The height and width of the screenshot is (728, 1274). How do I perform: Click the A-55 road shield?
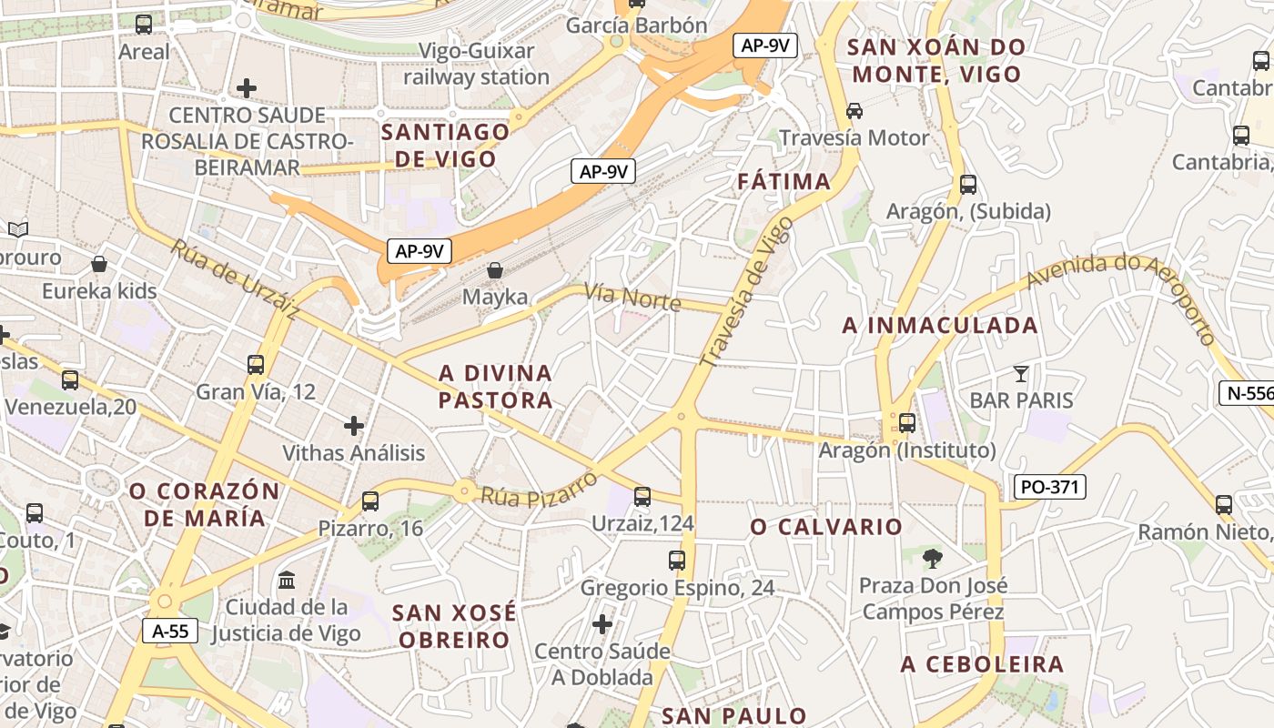click(x=170, y=631)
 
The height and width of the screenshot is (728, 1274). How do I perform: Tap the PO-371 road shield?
click(x=1049, y=487)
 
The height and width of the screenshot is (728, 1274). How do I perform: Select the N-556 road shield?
click(x=1248, y=393)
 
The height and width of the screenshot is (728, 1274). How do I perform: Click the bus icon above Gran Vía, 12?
click(x=256, y=365)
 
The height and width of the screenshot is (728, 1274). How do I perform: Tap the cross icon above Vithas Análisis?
click(x=354, y=425)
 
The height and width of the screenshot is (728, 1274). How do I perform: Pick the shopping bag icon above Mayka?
click(x=495, y=270)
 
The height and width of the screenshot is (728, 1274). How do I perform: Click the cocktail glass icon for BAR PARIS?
click(x=1021, y=373)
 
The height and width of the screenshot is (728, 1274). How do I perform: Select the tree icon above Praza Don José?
click(x=932, y=558)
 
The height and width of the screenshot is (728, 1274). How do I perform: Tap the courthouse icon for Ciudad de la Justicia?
click(x=287, y=580)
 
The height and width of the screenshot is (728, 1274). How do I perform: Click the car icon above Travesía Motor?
click(x=854, y=111)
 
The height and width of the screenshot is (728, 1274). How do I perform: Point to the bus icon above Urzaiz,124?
click(x=642, y=497)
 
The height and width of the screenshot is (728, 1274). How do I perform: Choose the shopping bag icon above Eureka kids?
click(x=99, y=264)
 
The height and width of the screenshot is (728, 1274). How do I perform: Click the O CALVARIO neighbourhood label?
click(x=826, y=527)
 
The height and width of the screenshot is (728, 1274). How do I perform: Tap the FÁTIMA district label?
click(x=784, y=181)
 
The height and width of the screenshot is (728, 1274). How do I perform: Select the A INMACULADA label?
click(x=940, y=325)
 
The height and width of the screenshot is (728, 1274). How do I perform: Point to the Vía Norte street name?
click(x=632, y=296)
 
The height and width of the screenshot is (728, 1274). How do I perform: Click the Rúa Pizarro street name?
click(x=539, y=488)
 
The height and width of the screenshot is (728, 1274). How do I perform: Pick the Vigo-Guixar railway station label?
click(x=477, y=64)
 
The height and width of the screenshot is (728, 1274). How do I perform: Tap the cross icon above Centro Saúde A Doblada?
click(x=602, y=624)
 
